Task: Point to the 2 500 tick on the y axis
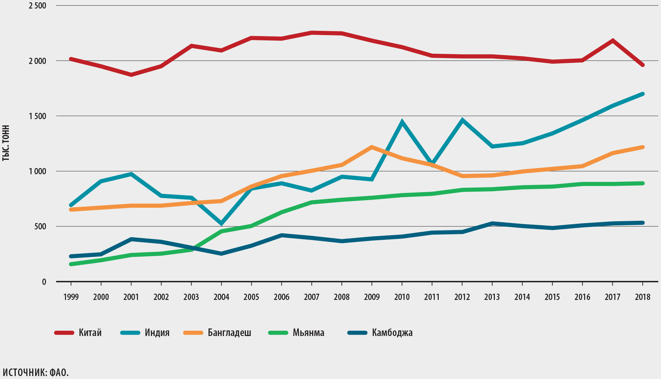coord(37,6)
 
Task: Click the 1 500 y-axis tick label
coord(37,116)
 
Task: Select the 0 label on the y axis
coord(44,282)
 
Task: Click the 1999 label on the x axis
coord(71,297)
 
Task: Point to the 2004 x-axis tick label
coord(221,297)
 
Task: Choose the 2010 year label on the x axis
coord(402,297)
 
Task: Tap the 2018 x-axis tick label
coord(643,297)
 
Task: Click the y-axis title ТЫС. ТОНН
coord(6,143)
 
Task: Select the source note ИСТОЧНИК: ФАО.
coord(35,373)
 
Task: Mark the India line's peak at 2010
coord(402,122)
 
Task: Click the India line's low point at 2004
coord(221,224)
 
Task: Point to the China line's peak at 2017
coord(613,41)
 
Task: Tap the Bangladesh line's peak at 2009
coord(372,147)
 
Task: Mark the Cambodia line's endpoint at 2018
coord(643,223)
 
